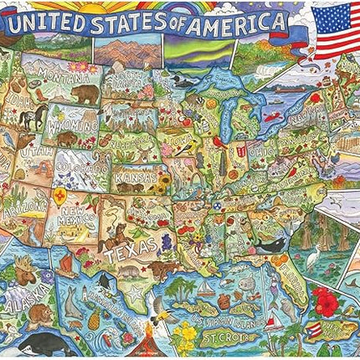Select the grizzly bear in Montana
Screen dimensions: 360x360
(x=84, y=92)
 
